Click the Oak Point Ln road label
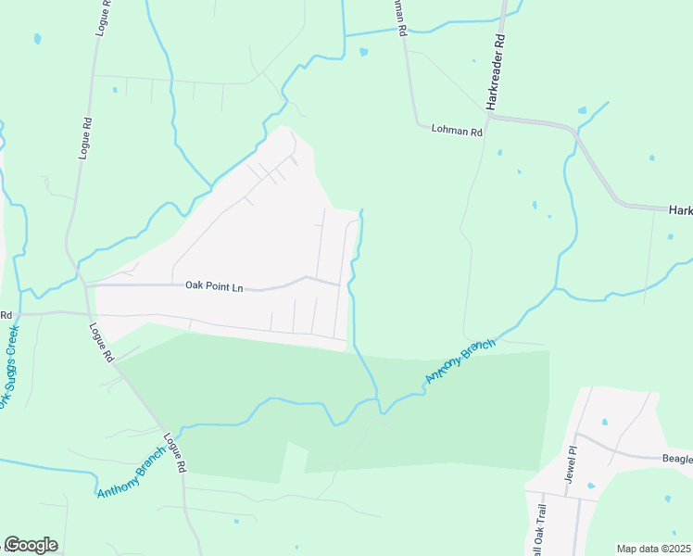point(213,287)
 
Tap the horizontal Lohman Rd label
point(458,132)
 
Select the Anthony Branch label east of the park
point(460,361)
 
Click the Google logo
point(31,545)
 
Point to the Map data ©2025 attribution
point(654,549)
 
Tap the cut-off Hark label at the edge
point(681,211)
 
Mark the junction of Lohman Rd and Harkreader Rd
point(491,118)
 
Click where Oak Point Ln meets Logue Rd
point(86,285)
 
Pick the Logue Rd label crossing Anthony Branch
point(174,453)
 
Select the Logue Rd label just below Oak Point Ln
point(101,341)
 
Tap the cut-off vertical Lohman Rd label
point(400,17)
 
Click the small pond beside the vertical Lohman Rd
point(363,52)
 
